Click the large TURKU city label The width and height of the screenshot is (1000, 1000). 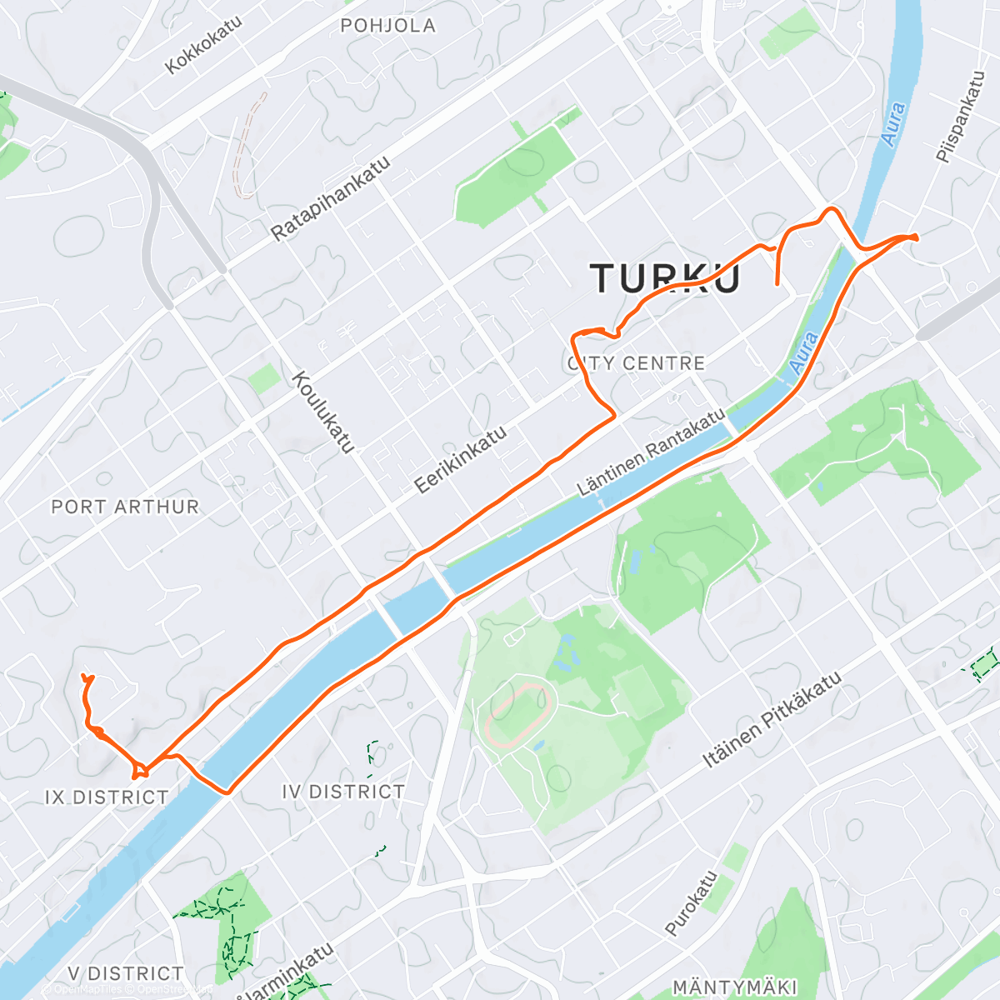(x=665, y=277)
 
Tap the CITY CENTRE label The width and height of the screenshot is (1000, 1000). (x=637, y=363)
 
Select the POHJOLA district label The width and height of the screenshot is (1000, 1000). (x=387, y=26)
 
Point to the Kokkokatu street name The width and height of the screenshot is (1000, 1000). (x=203, y=44)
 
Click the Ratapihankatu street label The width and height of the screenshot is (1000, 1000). (x=331, y=199)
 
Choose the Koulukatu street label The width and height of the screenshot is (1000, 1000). (x=323, y=412)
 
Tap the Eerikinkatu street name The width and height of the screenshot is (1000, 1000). (x=460, y=460)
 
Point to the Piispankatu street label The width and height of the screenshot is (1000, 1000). (x=960, y=117)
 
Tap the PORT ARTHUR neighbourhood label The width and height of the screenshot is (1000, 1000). (x=125, y=507)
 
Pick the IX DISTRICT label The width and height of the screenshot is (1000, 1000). (x=107, y=797)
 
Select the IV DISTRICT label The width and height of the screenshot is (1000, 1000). (x=343, y=792)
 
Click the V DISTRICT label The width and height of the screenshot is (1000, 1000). (x=126, y=973)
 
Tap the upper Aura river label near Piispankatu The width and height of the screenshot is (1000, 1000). (x=893, y=124)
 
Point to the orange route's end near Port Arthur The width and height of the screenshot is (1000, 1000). (x=86, y=677)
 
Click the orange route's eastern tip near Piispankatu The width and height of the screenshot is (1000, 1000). (x=916, y=237)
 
